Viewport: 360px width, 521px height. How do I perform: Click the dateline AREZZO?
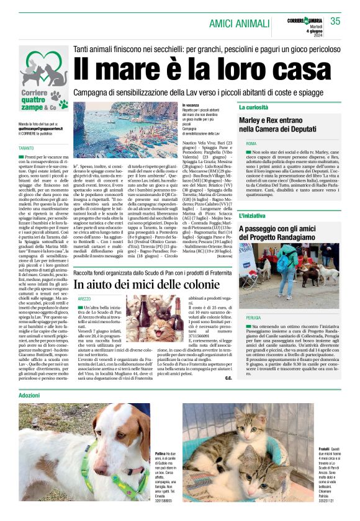tap(84, 298)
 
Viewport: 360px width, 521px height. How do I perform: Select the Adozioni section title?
tap(29, 395)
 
